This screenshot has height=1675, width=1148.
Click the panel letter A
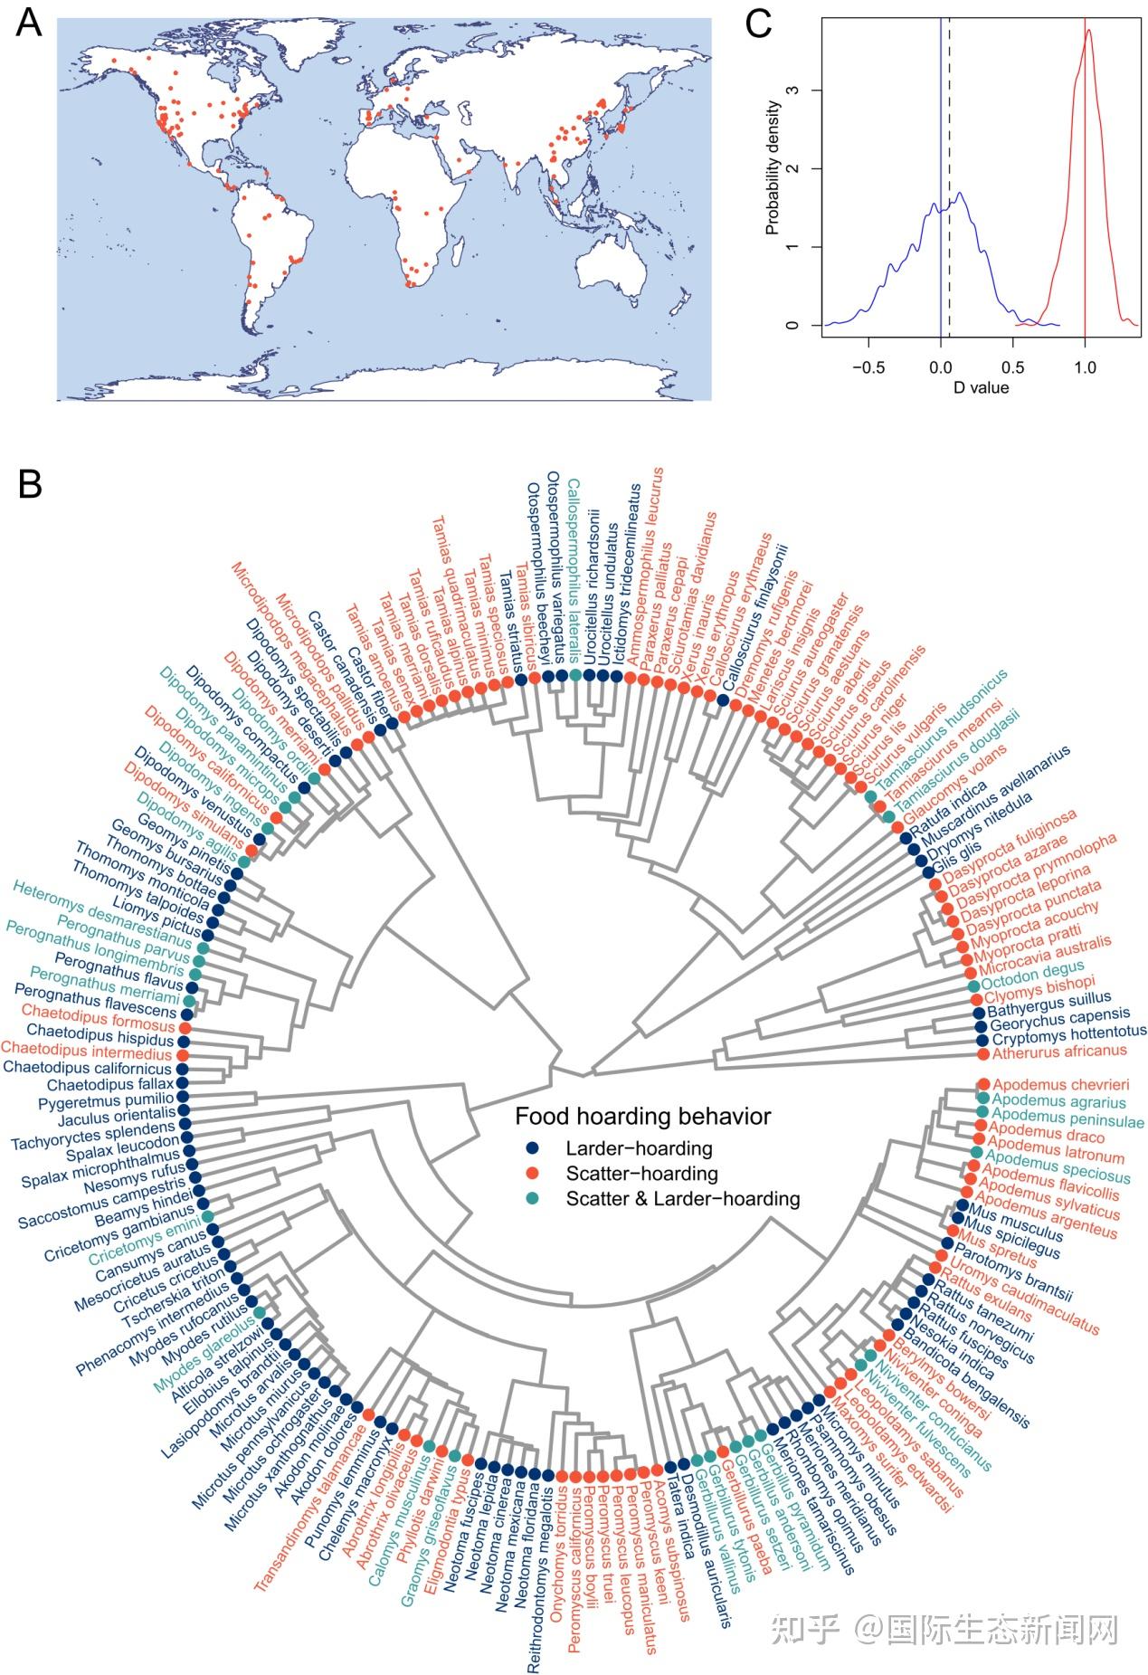coord(29,23)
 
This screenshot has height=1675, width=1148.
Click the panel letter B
coord(30,484)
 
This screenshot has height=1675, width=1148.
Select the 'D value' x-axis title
coord(980,387)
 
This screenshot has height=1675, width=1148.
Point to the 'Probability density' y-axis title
coord(773,168)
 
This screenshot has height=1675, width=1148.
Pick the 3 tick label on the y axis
coord(793,90)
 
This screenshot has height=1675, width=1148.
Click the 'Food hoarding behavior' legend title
coord(643,1116)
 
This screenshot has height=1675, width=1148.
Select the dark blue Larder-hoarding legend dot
coord(533,1148)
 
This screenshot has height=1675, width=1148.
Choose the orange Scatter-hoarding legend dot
coord(533,1174)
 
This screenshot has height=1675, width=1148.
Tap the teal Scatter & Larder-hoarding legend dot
coord(533,1199)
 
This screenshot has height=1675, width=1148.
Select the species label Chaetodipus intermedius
coord(86,1054)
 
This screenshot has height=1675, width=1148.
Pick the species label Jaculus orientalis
coord(107,1113)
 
